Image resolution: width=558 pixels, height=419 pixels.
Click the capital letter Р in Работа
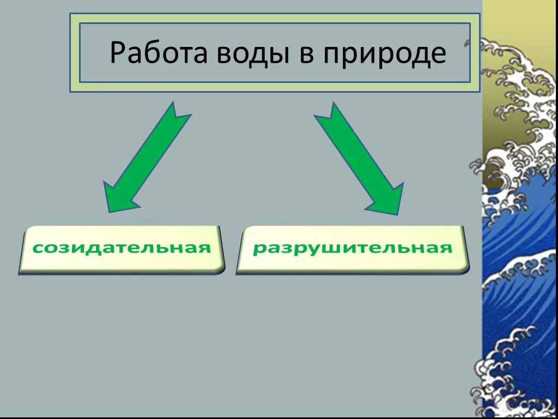coord(117,53)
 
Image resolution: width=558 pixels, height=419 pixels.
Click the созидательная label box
coord(122,249)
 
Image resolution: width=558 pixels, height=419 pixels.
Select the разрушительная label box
coord(353,249)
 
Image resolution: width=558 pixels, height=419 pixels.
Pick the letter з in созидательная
coord(61,248)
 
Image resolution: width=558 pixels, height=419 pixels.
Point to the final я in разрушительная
coord(446,248)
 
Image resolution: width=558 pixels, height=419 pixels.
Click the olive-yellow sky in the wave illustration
coord(518,22)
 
